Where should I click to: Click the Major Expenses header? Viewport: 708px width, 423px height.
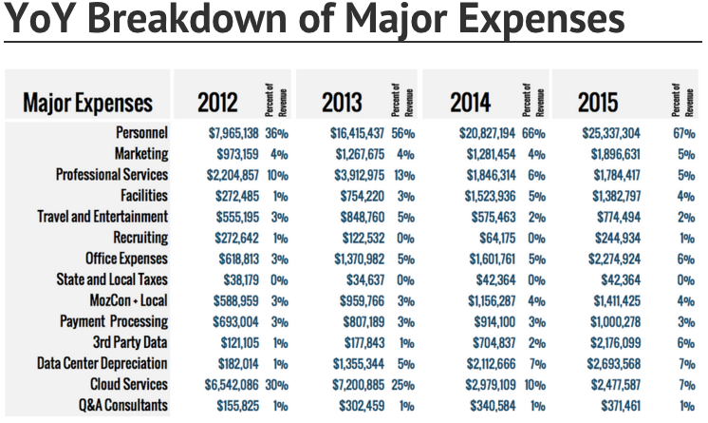86,103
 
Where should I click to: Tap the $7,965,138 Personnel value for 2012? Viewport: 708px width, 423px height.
233,133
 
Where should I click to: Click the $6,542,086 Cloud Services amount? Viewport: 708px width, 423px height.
233,384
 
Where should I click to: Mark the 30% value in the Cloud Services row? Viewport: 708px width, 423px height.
277,384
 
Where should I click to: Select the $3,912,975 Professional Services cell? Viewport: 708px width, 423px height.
359,175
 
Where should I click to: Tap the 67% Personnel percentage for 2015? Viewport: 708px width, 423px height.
683,133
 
